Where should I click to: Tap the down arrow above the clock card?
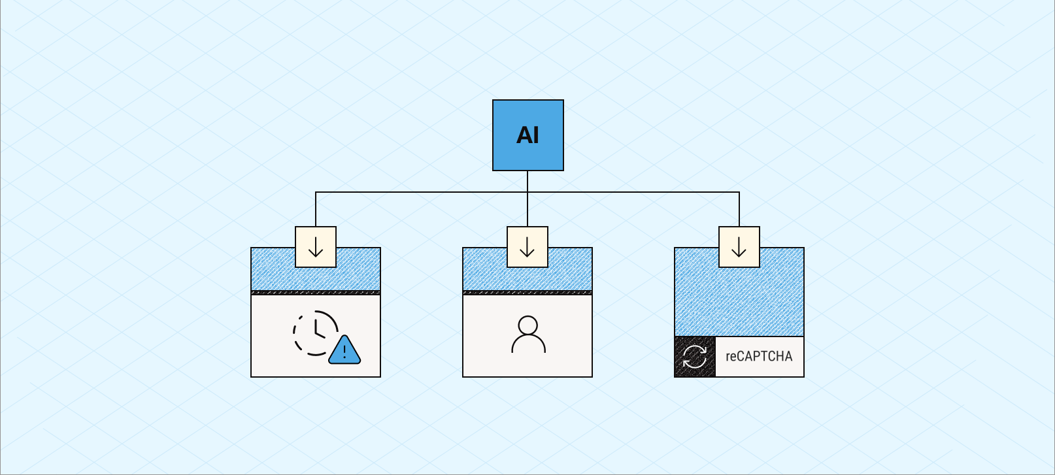coord(316,247)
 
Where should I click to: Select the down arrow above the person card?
coord(527,247)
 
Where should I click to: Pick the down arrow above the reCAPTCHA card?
coord(739,247)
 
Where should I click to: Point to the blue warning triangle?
coord(344,351)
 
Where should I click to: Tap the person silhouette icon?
coord(527,335)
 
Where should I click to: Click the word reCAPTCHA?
coord(759,357)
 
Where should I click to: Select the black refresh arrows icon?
coord(695,357)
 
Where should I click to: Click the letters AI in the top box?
coord(527,135)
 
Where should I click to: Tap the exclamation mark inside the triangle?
coord(344,353)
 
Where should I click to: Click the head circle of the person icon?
coord(527,325)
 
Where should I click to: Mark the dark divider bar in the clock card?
coord(316,293)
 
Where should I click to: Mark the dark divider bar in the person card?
coord(527,293)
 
